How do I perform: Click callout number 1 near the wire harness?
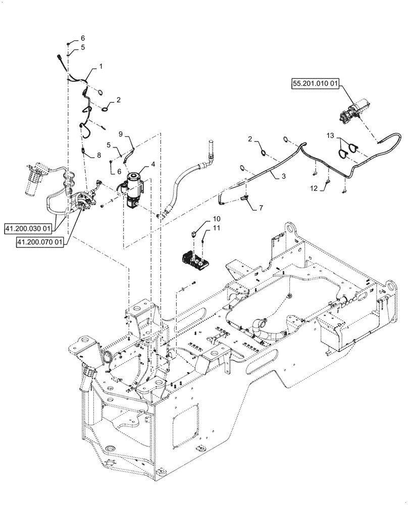pyautogui.click(x=100, y=67)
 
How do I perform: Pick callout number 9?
pyautogui.click(x=121, y=134)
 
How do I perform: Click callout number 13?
pyautogui.click(x=330, y=136)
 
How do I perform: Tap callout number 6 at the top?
pyautogui.click(x=83, y=38)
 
